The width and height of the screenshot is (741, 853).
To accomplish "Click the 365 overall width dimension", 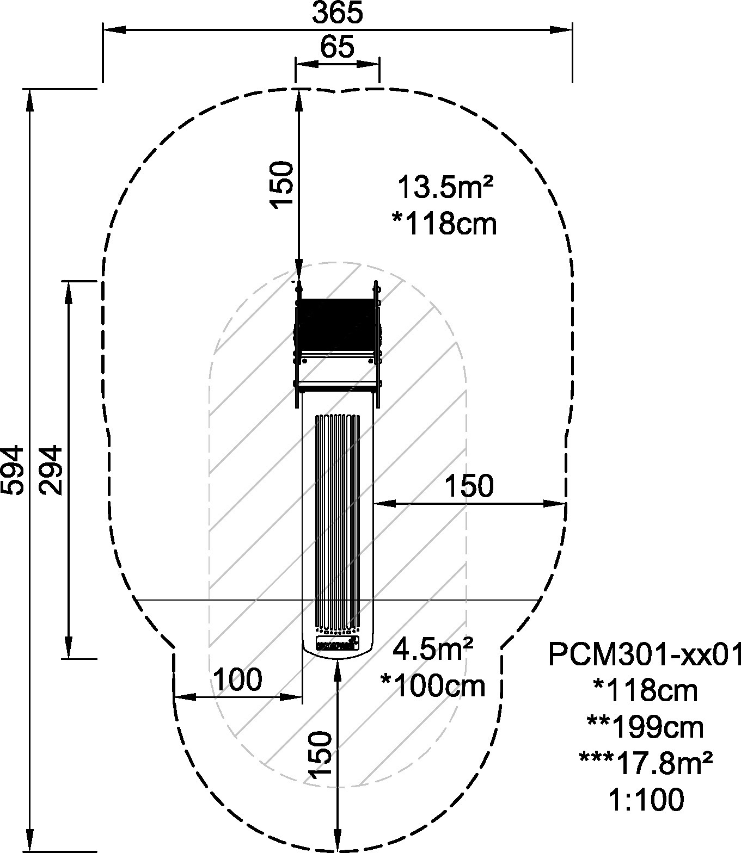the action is coord(337,13).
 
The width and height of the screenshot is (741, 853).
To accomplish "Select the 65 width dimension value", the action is coord(337,47).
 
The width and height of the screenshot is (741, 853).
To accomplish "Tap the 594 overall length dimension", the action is coord(13,470).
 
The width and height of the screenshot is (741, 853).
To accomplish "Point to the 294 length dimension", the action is coord(51,470).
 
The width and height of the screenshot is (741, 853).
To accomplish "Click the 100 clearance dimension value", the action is coord(237,679).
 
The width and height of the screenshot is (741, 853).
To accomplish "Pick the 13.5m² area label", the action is coord(445,188).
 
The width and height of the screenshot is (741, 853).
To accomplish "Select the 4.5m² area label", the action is coord(433,650).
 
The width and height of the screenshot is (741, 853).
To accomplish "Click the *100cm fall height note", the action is coord(433,686).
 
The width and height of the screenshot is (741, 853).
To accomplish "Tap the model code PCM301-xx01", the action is coord(645,654).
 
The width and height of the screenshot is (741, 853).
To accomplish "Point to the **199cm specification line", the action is coord(645,727).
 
